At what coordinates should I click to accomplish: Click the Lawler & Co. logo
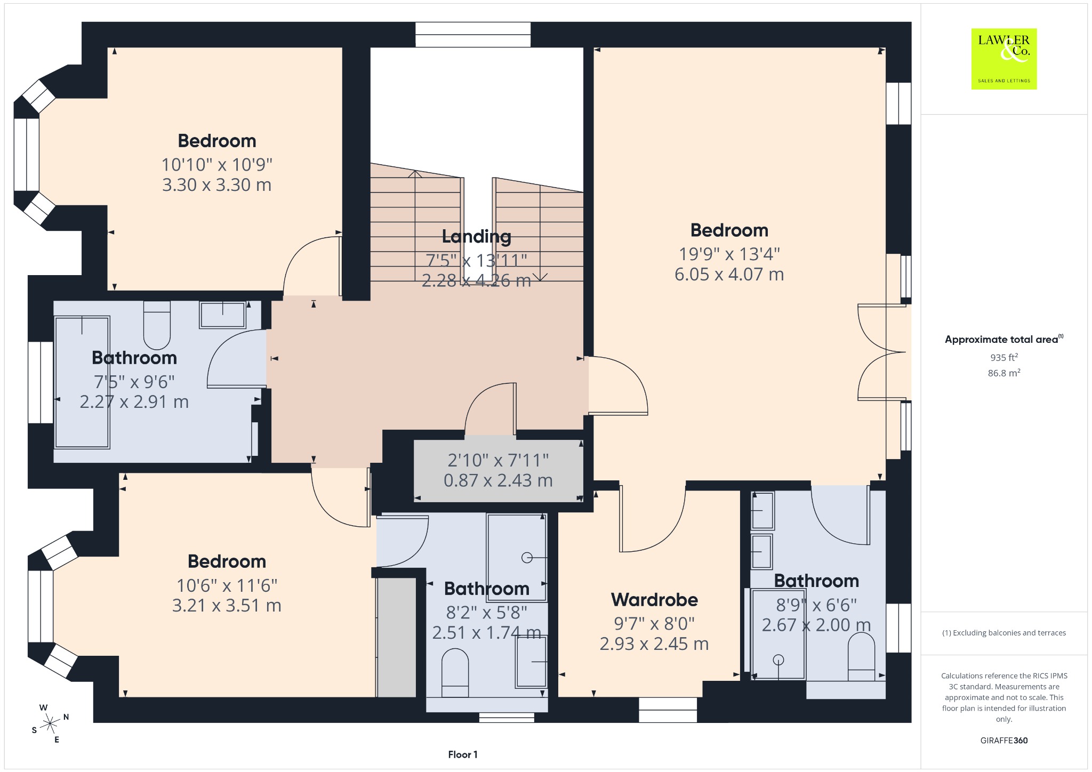pyautogui.click(x=1004, y=59)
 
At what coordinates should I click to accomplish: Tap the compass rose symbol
pyautogui.click(x=50, y=723)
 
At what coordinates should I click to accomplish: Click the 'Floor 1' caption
pyautogui.click(x=463, y=754)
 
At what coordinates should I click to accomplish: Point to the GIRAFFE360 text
pyautogui.click(x=1004, y=740)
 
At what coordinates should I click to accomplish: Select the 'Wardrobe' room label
pyautogui.click(x=654, y=600)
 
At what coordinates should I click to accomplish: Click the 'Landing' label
pyautogui.click(x=477, y=236)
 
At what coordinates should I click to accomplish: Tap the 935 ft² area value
pyautogui.click(x=1004, y=357)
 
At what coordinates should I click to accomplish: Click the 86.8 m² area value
pyautogui.click(x=1004, y=373)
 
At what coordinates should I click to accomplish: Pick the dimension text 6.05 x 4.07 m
pyautogui.click(x=729, y=275)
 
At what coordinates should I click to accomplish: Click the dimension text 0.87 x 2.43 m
pyautogui.click(x=498, y=480)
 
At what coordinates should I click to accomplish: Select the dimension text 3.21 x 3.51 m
pyautogui.click(x=227, y=606)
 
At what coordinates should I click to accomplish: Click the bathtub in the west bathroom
pyautogui.click(x=82, y=382)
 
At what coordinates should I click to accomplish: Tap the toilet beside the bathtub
pyautogui.click(x=157, y=325)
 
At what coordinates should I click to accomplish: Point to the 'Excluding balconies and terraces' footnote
pyautogui.click(x=1004, y=633)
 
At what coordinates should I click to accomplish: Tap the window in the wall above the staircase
pyautogui.click(x=473, y=35)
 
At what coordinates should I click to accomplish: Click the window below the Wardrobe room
pyautogui.click(x=668, y=710)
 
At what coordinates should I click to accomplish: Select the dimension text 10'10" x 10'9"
pyautogui.click(x=217, y=165)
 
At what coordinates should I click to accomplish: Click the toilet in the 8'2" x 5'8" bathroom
pyautogui.click(x=455, y=672)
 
